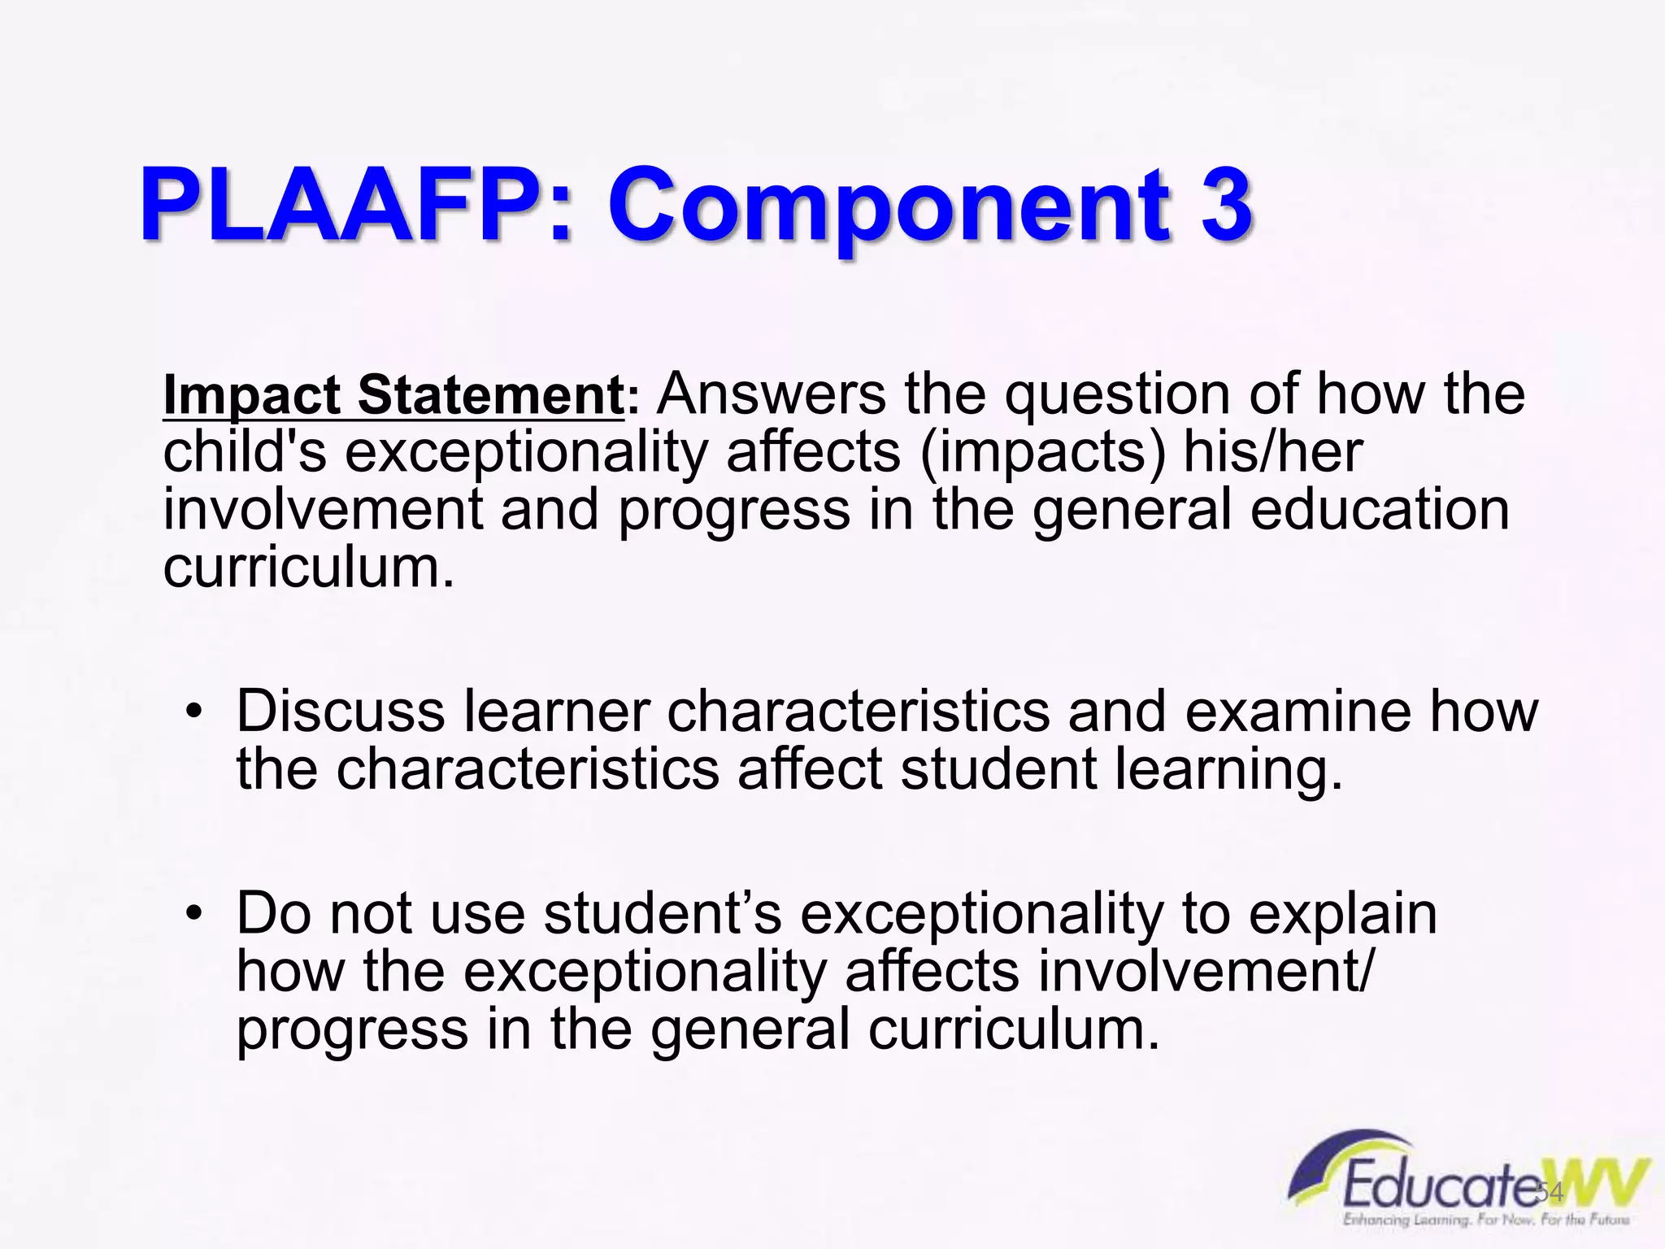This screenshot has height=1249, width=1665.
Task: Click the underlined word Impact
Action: click(x=251, y=396)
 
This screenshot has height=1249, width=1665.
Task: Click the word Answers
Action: click(x=772, y=394)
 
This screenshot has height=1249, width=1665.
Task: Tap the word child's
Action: click(x=245, y=451)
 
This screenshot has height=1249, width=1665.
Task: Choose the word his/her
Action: click(x=1272, y=451)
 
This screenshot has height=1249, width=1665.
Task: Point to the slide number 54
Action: click(x=1550, y=1193)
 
